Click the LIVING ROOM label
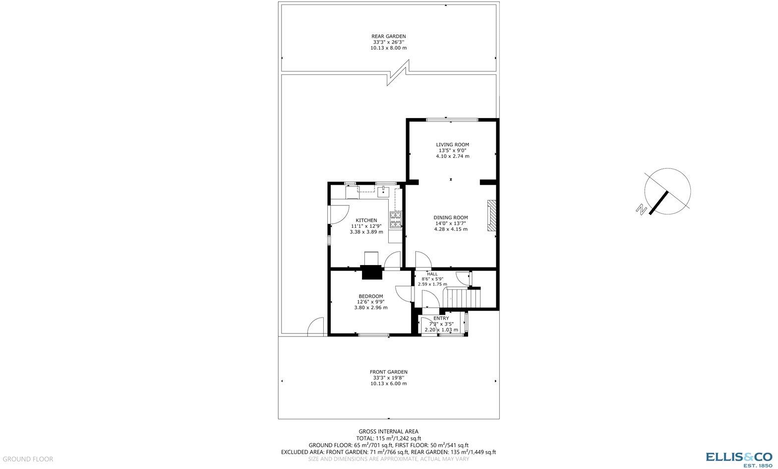(452, 144)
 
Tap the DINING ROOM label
(450, 217)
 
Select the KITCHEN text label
(366, 220)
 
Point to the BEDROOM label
(370, 296)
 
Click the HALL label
(432, 274)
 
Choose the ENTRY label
(441, 319)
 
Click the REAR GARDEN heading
(388, 36)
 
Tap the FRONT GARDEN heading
(388, 372)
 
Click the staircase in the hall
(462, 299)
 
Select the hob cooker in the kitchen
(395, 220)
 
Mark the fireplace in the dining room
(491, 216)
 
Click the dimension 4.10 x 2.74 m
(452, 156)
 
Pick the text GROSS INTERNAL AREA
(388, 431)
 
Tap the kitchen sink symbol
(383, 191)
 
